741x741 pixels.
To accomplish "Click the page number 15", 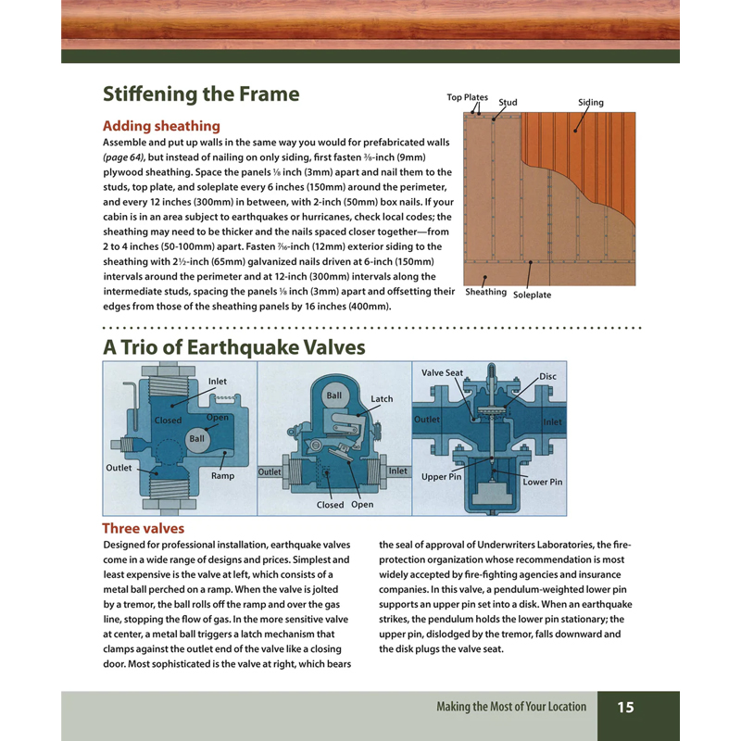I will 625,707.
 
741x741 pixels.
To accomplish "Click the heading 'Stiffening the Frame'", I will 201,94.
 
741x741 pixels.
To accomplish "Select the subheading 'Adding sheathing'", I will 161,125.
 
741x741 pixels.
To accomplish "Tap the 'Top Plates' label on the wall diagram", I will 467,97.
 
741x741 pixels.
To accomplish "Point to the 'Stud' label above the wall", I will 508,103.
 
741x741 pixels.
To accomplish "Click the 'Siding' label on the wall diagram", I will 590,103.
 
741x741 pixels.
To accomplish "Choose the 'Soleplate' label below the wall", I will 532,295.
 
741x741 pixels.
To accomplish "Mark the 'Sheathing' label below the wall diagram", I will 485,292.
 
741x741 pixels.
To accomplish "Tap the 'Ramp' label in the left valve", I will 222,476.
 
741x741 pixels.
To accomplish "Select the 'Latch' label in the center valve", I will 382,399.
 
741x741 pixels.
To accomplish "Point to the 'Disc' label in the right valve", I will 547,377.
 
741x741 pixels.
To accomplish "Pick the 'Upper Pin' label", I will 441,477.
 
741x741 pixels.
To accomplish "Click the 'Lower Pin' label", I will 542,483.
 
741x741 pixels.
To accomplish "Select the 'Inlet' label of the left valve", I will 217,382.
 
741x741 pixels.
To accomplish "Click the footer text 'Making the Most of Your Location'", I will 511,707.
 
